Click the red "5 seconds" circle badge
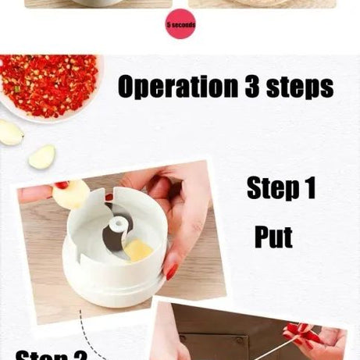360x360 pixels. [x=180, y=25]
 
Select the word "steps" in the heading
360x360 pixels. [x=300, y=87]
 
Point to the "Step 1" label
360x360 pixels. [x=280, y=188]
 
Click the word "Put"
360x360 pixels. [x=273, y=236]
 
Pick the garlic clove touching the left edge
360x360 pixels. [x=9, y=132]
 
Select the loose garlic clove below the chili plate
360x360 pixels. [x=41, y=156]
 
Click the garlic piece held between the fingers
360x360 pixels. [x=71, y=194]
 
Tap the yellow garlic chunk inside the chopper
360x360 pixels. [x=139, y=251]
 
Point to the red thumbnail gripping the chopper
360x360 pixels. [x=171, y=271]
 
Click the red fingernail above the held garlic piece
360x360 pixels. [x=61, y=185]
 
